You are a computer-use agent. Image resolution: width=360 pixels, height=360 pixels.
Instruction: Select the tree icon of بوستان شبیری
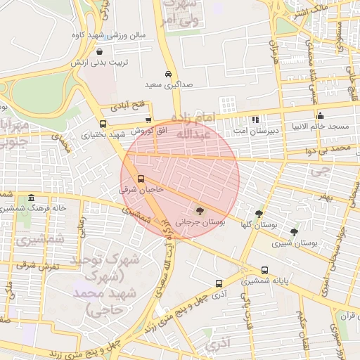(x=293, y=231)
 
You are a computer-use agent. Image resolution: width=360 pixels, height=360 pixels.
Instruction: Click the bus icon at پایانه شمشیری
(x=264, y=270)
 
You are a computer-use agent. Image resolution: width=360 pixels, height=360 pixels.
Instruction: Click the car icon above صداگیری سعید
(x=169, y=75)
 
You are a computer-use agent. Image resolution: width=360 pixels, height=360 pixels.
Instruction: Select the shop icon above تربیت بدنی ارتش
(x=99, y=51)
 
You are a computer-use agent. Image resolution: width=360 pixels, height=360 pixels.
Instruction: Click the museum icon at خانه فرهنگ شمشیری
(x=32, y=198)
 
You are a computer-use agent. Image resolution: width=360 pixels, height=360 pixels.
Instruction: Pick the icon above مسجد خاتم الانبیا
(x=320, y=116)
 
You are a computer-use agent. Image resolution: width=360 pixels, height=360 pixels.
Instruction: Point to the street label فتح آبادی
(x=127, y=105)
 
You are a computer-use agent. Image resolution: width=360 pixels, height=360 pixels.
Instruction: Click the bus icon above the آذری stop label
(x=219, y=283)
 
